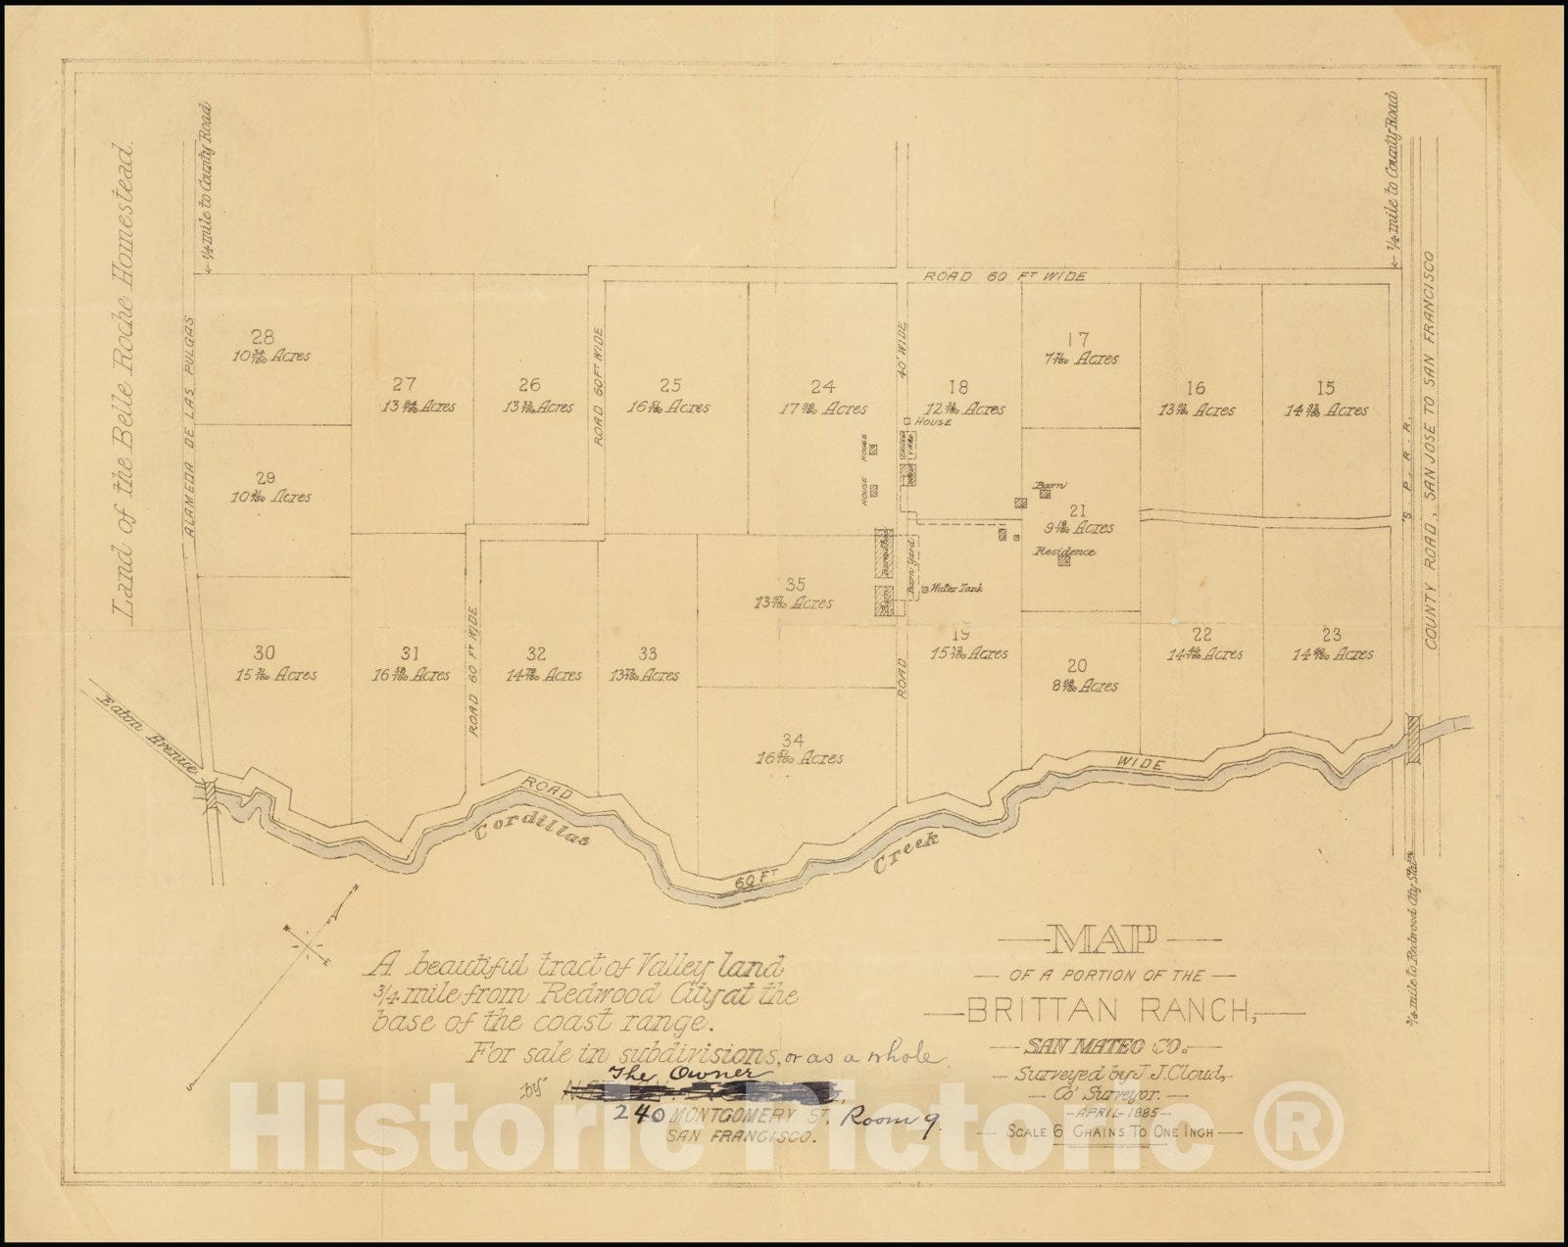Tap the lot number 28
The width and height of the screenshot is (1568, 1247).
click(x=261, y=335)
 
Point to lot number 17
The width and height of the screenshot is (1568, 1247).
click(x=1078, y=341)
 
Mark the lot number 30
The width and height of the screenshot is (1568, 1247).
click(x=265, y=653)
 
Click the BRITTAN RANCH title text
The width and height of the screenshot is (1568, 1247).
click(x=1118, y=1010)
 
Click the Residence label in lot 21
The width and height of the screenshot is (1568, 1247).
click(x=1065, y=552)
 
